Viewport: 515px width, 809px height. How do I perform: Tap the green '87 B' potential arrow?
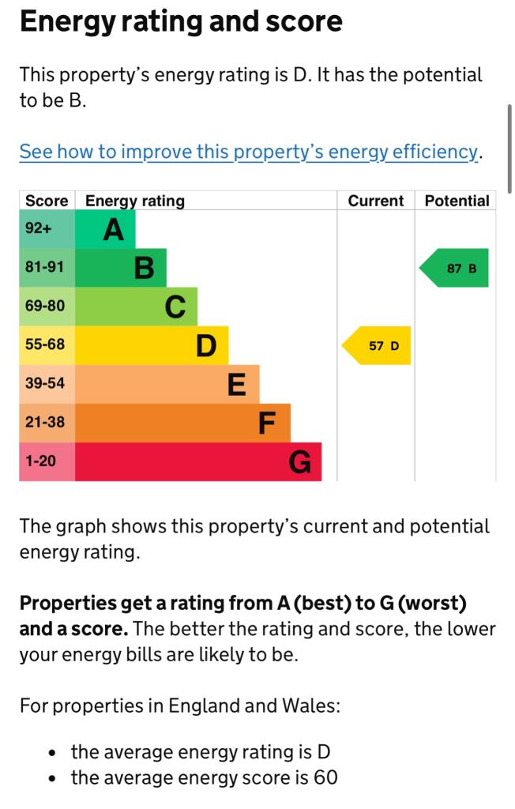click(457, 269)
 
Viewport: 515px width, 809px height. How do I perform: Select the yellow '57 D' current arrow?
click(379, 346)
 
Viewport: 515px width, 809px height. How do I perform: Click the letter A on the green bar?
click(114, 230)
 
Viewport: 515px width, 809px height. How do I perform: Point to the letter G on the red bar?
click(299, 461)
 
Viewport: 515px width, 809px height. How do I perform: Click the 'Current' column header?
click(375, 201)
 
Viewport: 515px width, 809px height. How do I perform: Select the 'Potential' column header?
click(457, 201)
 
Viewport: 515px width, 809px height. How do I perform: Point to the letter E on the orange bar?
click(236, 385)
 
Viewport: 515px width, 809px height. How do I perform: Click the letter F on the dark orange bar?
click(267, 423)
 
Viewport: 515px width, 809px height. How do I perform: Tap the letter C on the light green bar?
click(175, 307)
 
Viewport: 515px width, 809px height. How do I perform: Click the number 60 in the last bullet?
click(325, 777)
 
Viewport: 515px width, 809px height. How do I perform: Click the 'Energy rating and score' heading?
click(181, 21)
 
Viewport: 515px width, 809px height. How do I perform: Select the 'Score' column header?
click(47, 201)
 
